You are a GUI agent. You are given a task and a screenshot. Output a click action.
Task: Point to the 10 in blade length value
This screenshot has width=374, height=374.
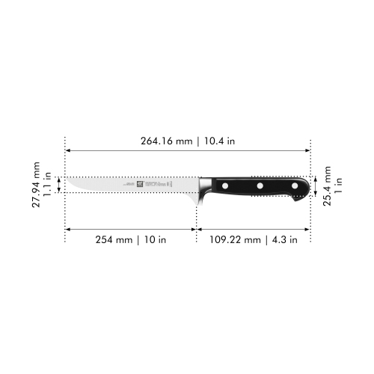point(155,240)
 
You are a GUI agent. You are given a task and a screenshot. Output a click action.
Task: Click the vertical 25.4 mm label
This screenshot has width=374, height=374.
point(327,185)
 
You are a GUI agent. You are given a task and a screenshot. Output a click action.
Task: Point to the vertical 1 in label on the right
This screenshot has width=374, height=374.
point(338,182)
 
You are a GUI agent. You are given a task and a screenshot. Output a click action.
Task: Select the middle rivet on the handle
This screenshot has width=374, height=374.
point(259,186)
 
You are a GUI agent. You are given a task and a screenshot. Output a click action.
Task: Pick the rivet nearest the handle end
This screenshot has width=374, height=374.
point(295,186)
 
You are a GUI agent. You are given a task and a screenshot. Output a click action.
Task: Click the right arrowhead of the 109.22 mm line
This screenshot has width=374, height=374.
point(308,229)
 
